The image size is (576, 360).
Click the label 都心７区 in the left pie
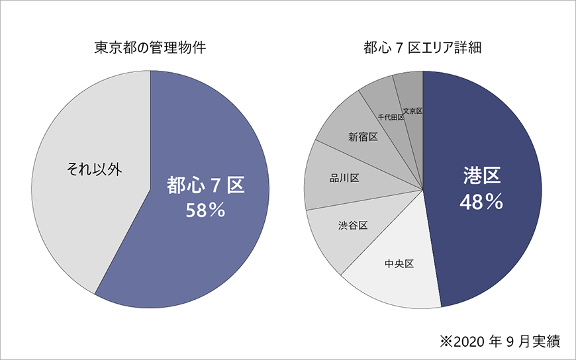coord(206,185)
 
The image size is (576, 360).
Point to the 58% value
coord(206,210)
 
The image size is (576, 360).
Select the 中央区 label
coord(399,264)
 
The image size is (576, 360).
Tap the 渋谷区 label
coord(352,225)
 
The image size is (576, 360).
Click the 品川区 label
coord(344,178)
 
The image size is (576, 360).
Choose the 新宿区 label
coord(362,136)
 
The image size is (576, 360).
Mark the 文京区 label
coord(412,111)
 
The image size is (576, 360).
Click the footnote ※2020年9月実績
coord(500,341)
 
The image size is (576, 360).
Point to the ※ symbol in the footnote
coord(445,341)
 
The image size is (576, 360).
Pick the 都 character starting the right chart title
coord(370,48)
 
